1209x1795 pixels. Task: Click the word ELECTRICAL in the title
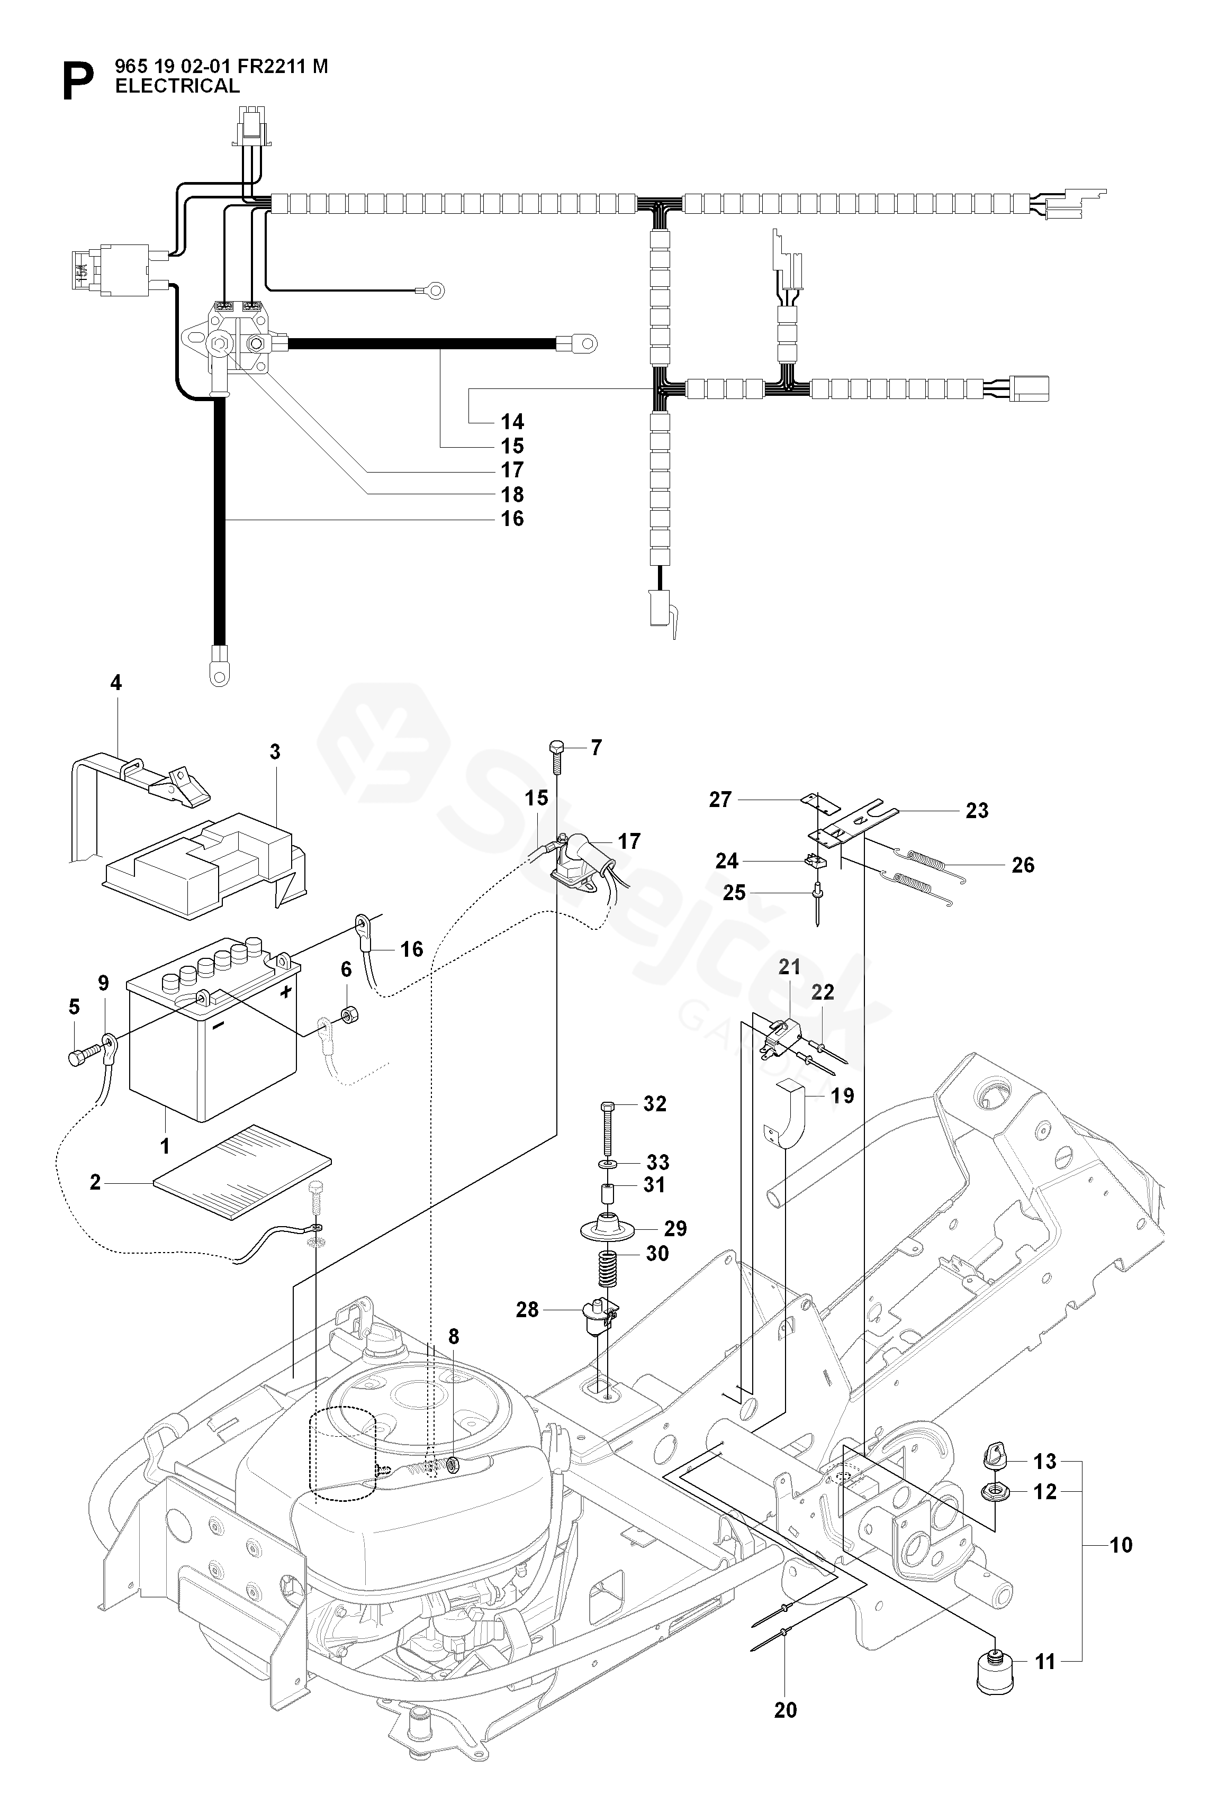177,86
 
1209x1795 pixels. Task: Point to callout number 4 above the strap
115,683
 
